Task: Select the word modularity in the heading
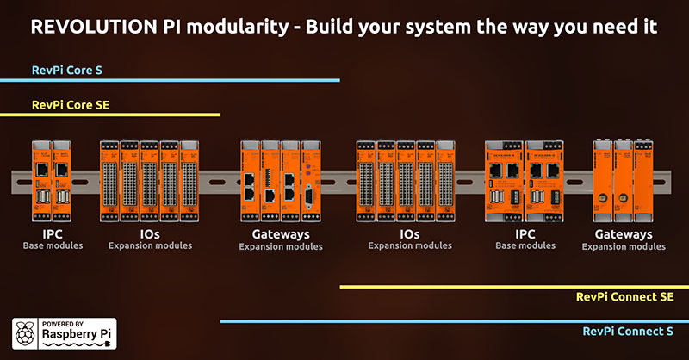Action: tap(233, 28)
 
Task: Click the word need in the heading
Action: tap(618, 28)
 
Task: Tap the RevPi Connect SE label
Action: tap(624, 297)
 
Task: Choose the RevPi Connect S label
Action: tap(628, 331)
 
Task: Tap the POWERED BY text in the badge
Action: tap(59, 320)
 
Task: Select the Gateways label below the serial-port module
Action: tap(281, 233)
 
